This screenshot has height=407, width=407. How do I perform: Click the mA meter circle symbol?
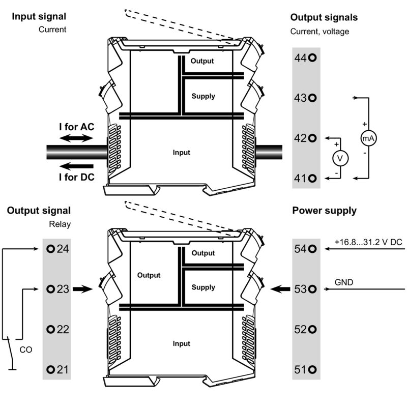[368, 138]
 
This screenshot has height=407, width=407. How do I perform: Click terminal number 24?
[57, 249]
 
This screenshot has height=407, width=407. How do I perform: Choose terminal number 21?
[57, 369]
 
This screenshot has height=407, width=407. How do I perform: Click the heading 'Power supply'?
[324, 211]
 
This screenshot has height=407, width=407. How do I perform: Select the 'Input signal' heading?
[39, 17]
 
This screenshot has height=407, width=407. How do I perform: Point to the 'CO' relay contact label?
[25, 350]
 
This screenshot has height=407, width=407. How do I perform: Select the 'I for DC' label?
[76, 177]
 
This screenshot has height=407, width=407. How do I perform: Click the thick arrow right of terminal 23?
[81, 289]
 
